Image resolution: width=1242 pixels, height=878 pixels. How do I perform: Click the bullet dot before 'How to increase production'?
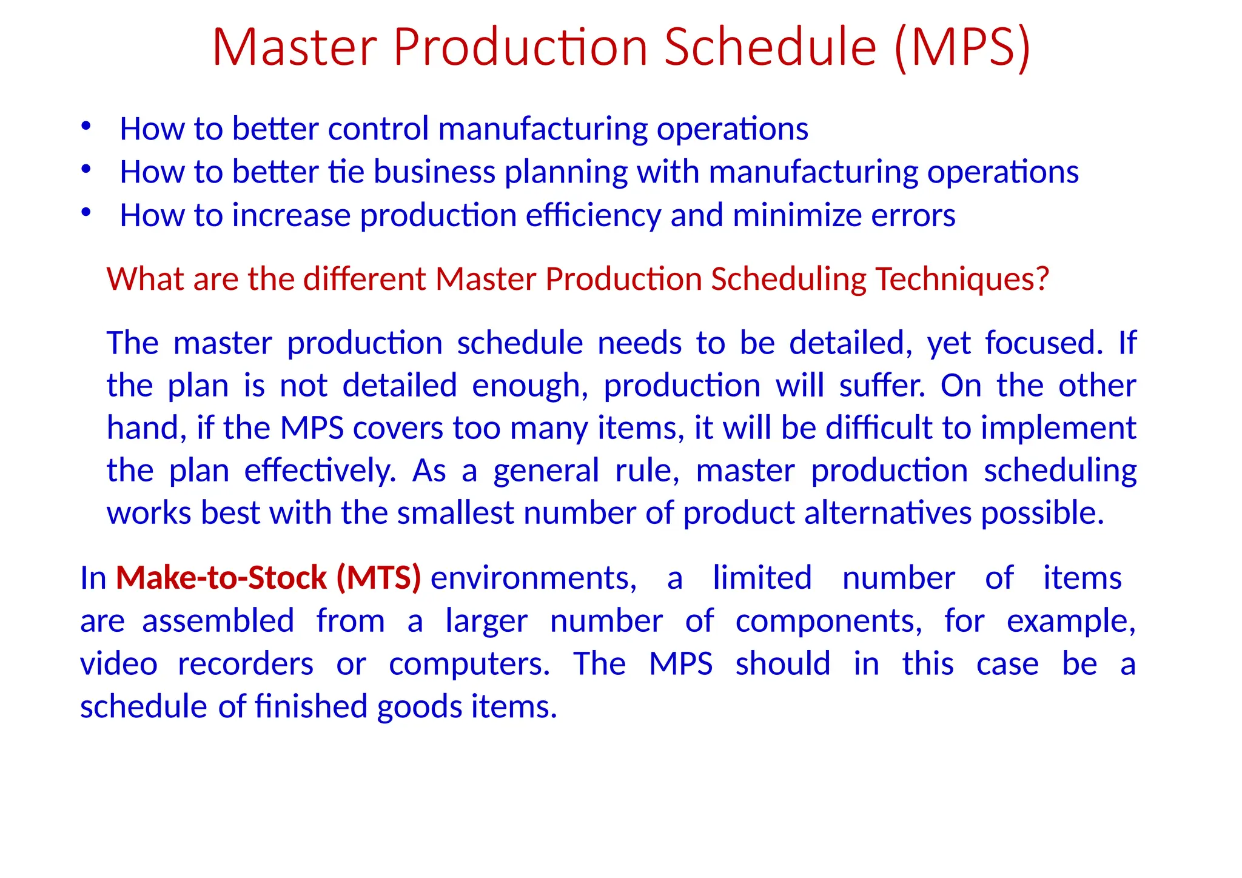coord(86,212)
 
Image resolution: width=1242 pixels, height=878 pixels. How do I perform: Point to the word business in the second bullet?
coord(434,172)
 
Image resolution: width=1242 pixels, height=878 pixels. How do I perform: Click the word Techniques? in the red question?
coord(962,279)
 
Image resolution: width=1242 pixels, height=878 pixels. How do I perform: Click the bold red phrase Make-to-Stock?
coord(221,578)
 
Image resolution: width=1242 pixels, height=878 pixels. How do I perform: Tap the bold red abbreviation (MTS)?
coord(379,578)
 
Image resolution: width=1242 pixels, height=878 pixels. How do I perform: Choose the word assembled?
coord(218,621)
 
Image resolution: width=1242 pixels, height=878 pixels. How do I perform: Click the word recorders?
coord(245,664)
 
